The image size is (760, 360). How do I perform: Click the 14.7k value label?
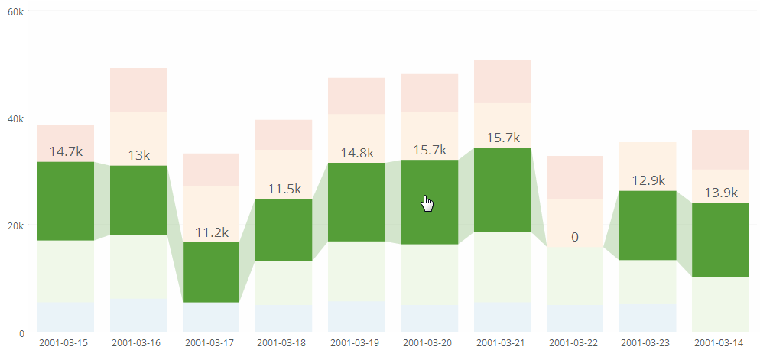pyautogui.click(x=65, y=151)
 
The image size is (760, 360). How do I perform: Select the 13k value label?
pyautogui.click(x=138, y=155)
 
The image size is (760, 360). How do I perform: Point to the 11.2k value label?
pyautogui.click(x=211, y=232)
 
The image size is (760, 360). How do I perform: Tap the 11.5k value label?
pyautogui.click(x=284, y=189)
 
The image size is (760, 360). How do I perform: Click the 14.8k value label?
pyautogui.click(x=357, y=152)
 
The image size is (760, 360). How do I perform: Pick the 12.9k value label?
pyautogui.click(x=648, y=181)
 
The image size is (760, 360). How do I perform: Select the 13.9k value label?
pyautogui.click(x=722, y=193)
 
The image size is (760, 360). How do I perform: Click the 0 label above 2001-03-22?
pyautogui.click(x=575, y=238)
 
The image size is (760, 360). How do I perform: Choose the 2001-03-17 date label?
pyautogui.click(x=211, y=343)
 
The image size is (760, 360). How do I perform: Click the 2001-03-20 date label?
pyautogui.click(x=430, y=343)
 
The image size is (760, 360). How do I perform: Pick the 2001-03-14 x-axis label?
pyautogui.click(x=722, y=343)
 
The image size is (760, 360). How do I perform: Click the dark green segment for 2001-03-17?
pyautogui.click(x=211, y=272)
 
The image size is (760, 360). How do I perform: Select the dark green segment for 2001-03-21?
pyautogui.click(x=502, y=190)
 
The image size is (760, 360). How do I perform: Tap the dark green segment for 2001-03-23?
pyautogui.click(x=648, y=225)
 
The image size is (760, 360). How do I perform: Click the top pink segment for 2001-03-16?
pyautogui.click(x=138, y=90)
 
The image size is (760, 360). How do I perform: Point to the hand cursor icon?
pyautogui.click(x=427, y=203)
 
